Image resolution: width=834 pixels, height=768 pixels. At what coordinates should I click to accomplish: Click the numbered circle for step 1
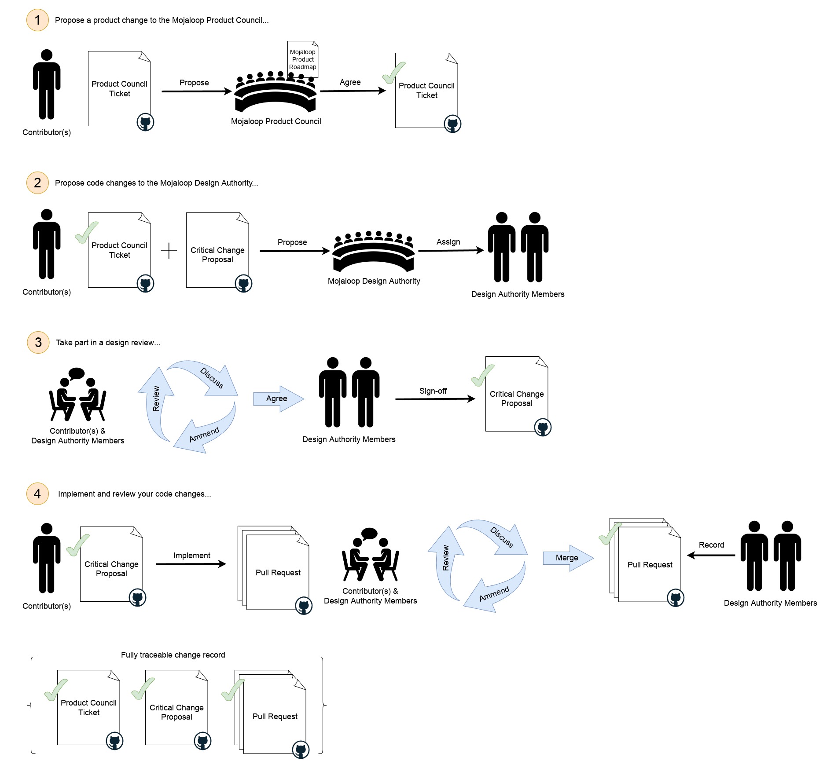[x=37, y=20]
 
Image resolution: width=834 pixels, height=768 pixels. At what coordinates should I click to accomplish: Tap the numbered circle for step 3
[x=38, y=342]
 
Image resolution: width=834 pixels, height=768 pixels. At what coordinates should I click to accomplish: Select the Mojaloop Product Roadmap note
[x=303, y=59]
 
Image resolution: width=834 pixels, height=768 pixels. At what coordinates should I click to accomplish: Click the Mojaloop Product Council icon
[x=276, y=92]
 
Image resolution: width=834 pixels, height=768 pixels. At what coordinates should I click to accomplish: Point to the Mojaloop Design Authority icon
[x=374, y=252]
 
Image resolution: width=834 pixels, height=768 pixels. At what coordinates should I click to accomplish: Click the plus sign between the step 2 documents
[x=169, y=251]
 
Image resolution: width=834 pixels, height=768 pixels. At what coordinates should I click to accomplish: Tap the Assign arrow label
[x=448, y=242]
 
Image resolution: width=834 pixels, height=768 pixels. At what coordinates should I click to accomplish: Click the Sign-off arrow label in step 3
[x=433, y=391]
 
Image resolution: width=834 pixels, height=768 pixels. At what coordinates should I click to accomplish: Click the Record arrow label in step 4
[x=711, y=545]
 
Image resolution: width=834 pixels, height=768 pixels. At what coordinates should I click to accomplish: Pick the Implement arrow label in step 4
[x=191, y=556]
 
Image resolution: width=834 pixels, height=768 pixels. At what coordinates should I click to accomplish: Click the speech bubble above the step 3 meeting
[x=77, y=373]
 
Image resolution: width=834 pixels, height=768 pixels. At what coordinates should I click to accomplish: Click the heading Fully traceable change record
[x=173, y=655]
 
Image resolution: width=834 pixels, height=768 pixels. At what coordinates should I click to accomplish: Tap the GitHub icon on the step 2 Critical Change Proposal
[x=243, y=284]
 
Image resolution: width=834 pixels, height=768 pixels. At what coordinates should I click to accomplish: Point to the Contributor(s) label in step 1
[x=47, y=132]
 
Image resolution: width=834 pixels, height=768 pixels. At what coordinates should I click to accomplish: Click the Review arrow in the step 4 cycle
[x=446, y=559]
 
